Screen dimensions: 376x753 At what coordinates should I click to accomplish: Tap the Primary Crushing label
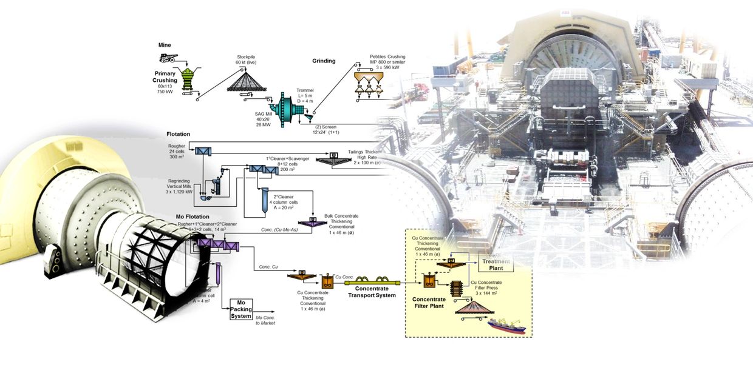(x=165, y=76)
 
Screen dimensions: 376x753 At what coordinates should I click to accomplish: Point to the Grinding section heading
(x=324, y=61)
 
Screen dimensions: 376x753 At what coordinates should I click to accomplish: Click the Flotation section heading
(x=179, y=134)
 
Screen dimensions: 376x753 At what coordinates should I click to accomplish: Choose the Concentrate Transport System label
(x=372, y=292)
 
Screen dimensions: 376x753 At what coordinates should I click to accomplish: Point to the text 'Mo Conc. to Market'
(x=265, y=321)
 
